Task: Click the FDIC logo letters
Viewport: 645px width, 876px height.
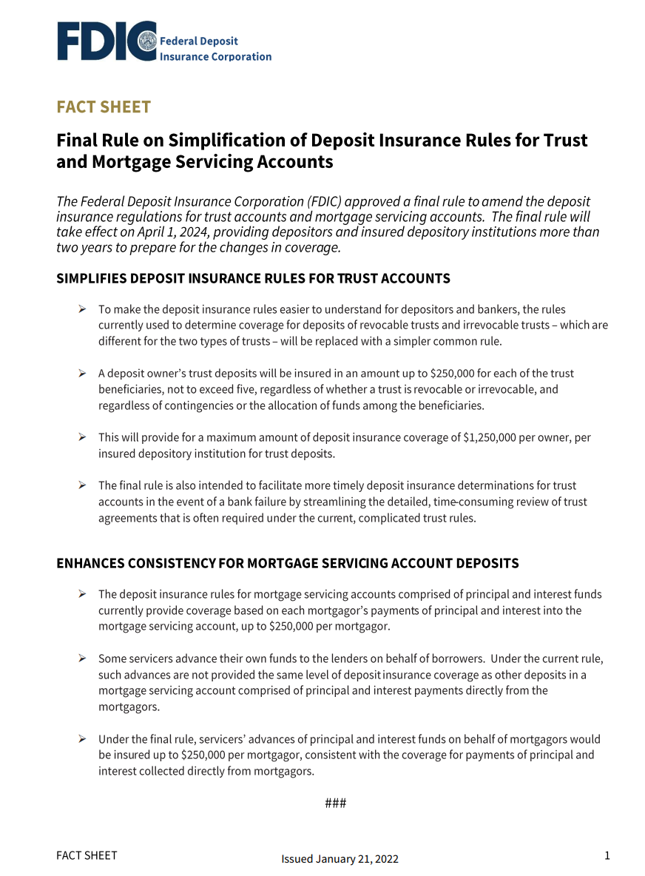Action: (x=96, y=41)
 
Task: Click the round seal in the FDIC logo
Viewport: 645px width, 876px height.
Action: (x=147, y=41)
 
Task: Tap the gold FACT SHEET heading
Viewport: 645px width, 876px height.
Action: (x=104, y=107)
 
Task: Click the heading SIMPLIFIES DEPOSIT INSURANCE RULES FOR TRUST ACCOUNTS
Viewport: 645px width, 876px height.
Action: (x=253, y=279)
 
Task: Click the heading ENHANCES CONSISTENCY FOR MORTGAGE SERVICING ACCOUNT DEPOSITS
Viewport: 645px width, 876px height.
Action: (x=288, y=564)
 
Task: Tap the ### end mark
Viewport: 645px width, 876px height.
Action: (x=335, y=803)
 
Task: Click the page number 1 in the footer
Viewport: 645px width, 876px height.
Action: (x=607, y=856)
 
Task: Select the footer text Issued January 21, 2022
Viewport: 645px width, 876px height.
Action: (x=340, y=859)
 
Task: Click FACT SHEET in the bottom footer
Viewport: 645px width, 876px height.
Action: (x=87, y=856)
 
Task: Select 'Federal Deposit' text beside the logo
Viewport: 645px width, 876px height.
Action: (x=199, y=41)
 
